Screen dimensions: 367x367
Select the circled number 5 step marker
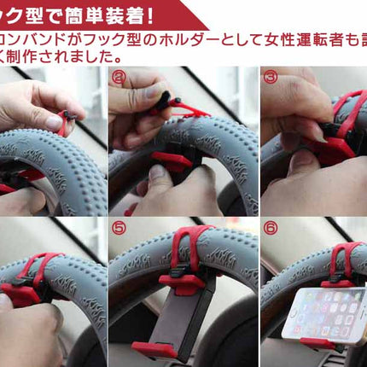118,229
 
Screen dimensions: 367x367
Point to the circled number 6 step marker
270,229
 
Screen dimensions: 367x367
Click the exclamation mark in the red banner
149,15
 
